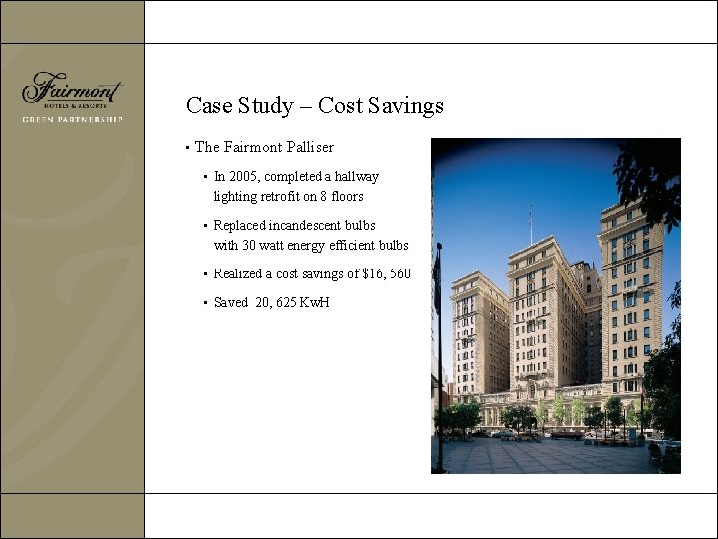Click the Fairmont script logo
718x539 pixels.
71,89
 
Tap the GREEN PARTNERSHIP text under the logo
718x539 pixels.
72,119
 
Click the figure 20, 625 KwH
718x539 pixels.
292,302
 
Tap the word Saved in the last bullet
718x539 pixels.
230,302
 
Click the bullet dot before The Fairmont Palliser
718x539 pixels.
187,148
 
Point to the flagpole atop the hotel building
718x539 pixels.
530,224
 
